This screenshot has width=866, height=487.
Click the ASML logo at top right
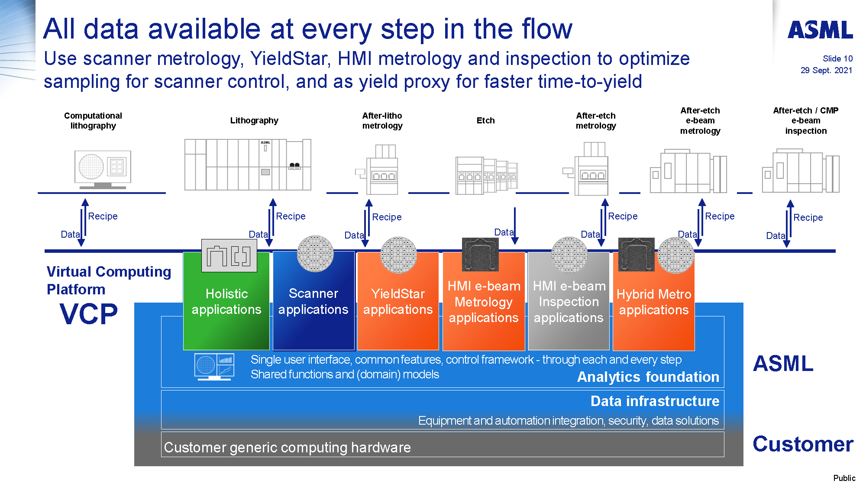820,30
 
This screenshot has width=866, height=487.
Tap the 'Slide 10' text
837,58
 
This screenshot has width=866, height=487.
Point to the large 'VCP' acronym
88,314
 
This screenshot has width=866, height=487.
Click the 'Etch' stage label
485,121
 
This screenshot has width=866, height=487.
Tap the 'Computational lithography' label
93,121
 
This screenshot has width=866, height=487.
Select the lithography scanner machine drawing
248,164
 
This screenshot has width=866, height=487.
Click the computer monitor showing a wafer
103,169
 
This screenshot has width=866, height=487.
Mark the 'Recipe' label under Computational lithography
103,216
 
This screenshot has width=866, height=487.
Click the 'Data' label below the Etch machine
504,232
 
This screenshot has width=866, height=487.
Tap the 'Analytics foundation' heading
648,377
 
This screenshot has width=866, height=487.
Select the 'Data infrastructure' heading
654,401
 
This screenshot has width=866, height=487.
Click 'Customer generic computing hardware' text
287,447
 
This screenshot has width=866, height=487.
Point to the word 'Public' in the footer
844,478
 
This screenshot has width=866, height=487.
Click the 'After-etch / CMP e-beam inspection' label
805,121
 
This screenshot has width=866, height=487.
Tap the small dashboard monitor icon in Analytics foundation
214,366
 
